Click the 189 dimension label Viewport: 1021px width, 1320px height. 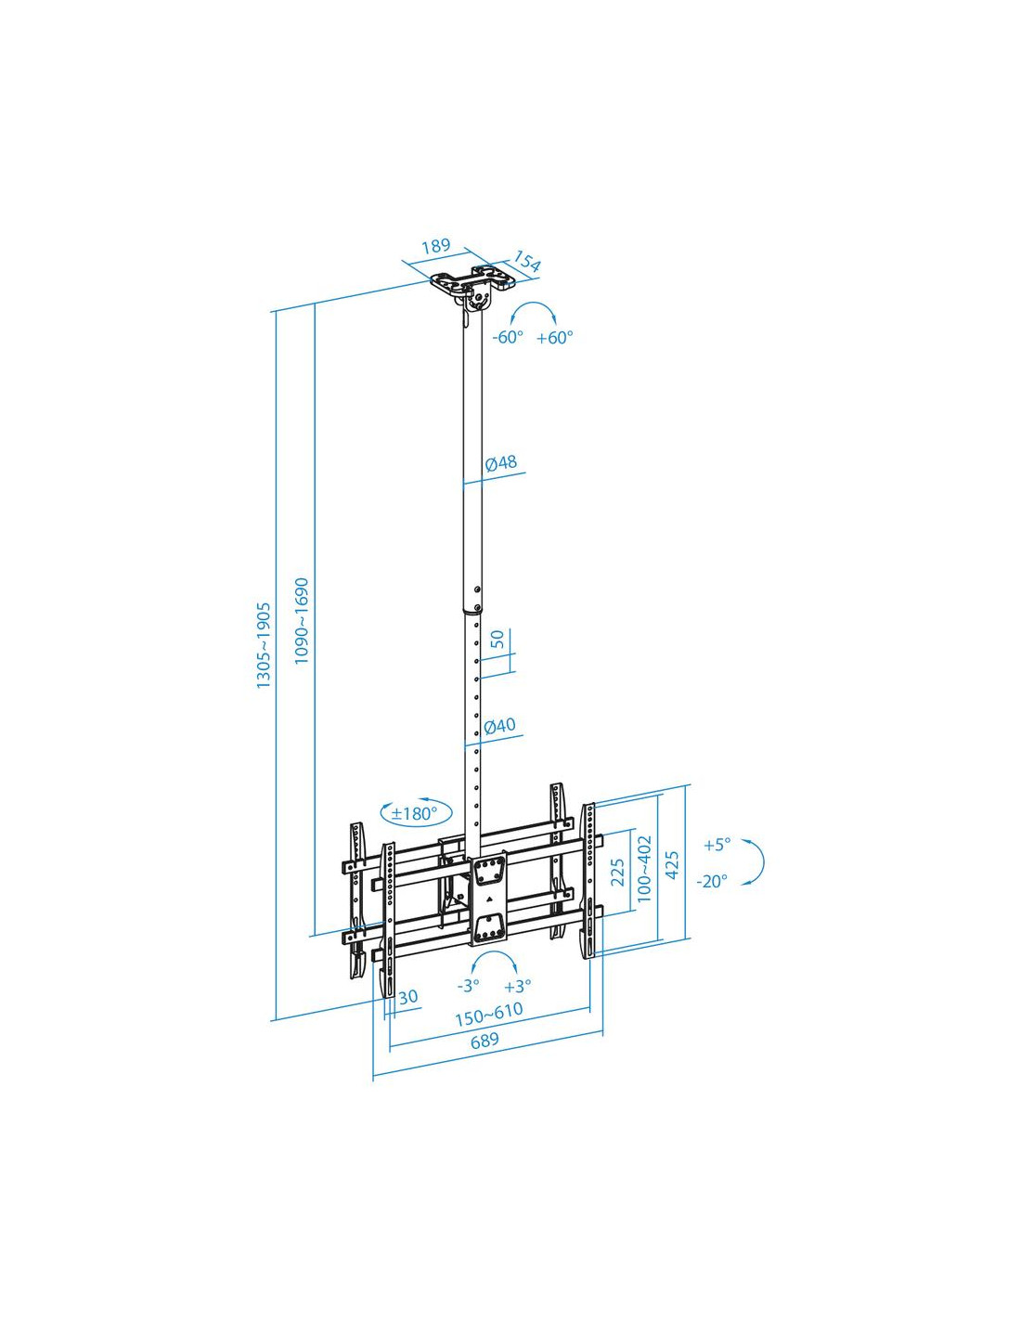click(436, 245)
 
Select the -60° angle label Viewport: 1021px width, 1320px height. click(508, 337)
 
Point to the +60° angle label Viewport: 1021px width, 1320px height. click(555, 337)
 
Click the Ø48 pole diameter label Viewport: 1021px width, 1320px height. click(501, 462)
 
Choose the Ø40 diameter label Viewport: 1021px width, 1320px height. click(500, 725)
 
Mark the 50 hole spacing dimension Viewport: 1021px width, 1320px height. click(498, 639)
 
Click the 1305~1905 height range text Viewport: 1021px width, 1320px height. click(264, 645)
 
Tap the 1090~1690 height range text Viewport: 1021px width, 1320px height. click(302, 620)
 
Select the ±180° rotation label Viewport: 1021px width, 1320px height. click(415, 813)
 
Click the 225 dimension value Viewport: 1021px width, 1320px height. click(617, 873)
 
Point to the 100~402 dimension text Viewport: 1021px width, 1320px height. click(644, 869)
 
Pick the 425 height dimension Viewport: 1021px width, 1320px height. click(672, 863)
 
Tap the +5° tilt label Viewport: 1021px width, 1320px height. click(717, 845)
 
